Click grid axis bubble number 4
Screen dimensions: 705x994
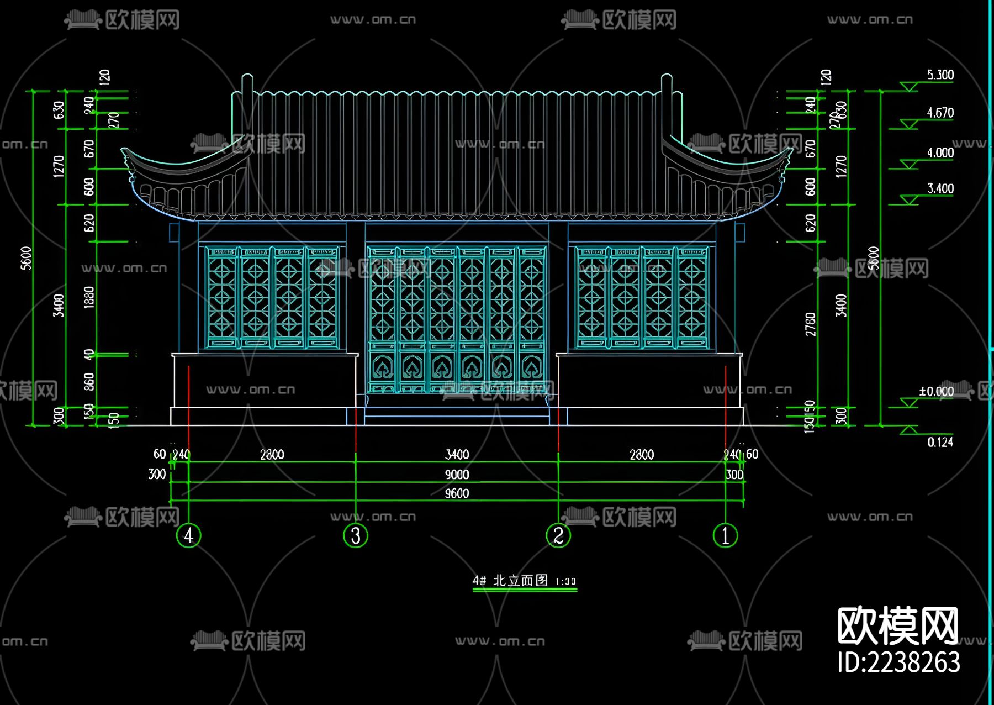point(188,535)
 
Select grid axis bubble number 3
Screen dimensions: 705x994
point(356,535)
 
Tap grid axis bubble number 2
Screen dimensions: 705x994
point(558,535)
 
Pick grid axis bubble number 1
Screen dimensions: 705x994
point(725,535)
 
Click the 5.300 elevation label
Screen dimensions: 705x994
point(940,75)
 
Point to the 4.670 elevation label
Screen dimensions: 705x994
point(940,113)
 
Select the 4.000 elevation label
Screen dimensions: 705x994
point(940,152)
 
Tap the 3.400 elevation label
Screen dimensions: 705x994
point(940,188)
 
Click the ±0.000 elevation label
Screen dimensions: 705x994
point(936,391)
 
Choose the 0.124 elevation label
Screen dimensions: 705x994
point(940,442)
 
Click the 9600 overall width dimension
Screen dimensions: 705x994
point(457,493)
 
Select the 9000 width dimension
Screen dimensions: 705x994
point(457,474)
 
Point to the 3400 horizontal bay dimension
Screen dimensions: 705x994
point(457,454)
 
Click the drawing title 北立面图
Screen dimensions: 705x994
point(520,580)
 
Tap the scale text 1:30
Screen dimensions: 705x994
point(565,581)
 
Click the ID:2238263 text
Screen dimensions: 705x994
point(898,662)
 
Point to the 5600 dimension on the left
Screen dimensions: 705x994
point(26,258)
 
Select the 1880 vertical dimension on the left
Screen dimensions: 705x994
point(89,297)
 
